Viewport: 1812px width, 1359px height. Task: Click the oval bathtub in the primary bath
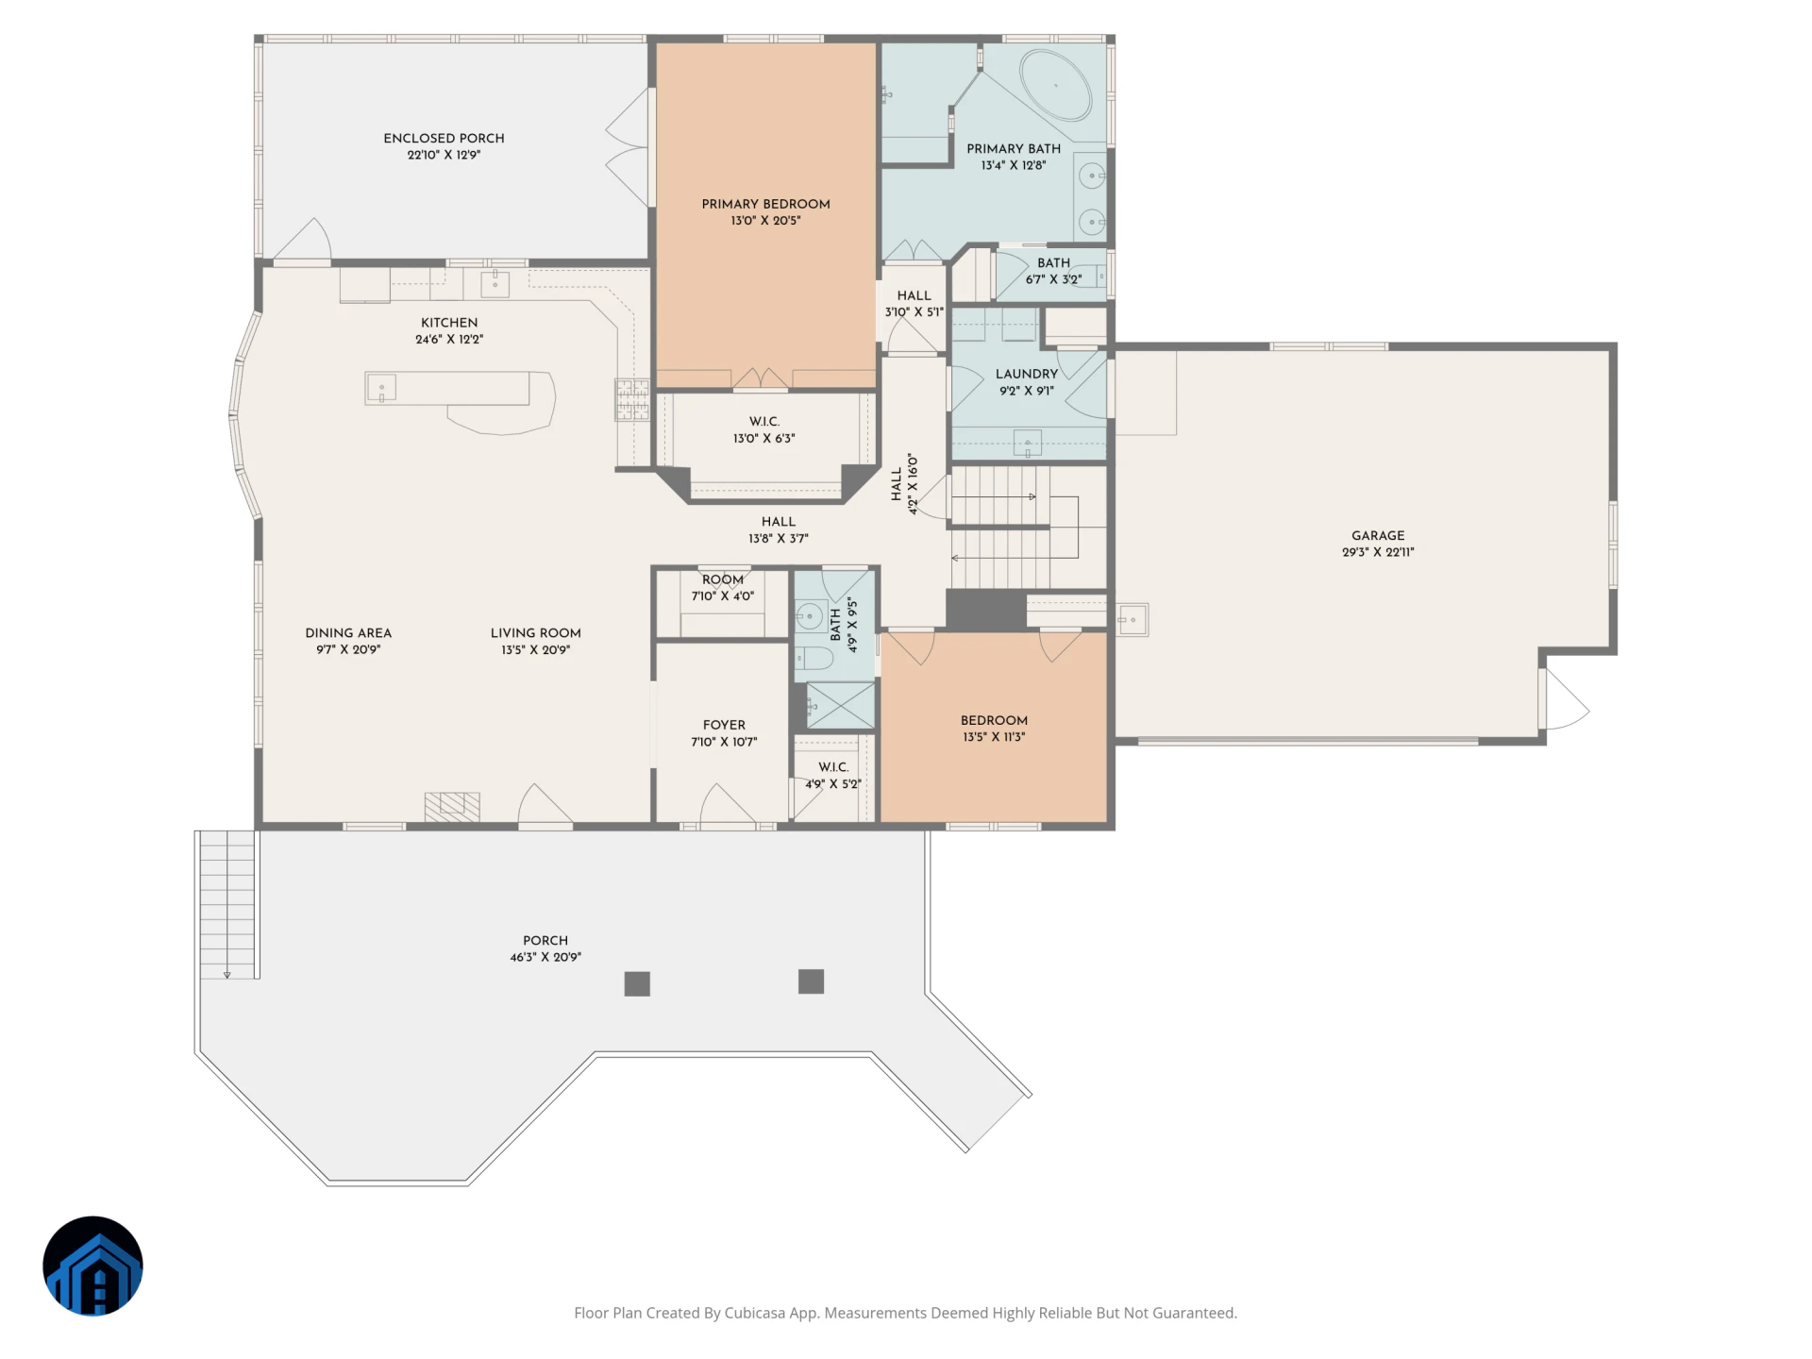(1056, 85)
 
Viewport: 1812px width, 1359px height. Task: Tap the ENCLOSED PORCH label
(444, 138)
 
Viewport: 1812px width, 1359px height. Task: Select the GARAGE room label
(1378, 535)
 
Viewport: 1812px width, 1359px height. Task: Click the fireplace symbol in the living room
(452, 806)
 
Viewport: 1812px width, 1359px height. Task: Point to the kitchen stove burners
(632, 398)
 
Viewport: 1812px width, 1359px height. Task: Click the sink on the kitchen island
(381, 388)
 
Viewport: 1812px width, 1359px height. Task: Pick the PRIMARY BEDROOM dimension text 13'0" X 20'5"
(765, 221)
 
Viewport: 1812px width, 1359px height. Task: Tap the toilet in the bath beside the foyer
(813, 658)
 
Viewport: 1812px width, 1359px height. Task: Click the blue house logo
(92, 1266)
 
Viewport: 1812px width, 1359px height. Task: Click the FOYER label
(724, 725)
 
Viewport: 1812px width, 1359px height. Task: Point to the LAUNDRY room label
(1027, 374)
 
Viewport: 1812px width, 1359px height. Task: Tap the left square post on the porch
(637, 983)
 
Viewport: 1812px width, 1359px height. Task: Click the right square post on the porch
(811, 981)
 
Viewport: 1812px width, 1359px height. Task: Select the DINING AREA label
(348, 633)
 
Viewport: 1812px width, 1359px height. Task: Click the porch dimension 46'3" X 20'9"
(545, 957)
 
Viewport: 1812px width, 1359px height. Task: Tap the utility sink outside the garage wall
(1132, 620)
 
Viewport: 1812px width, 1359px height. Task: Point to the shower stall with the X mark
(840, 705)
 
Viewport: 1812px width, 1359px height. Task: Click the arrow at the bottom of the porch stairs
(227, 974)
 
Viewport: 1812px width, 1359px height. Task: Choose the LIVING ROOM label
(535, 633)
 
